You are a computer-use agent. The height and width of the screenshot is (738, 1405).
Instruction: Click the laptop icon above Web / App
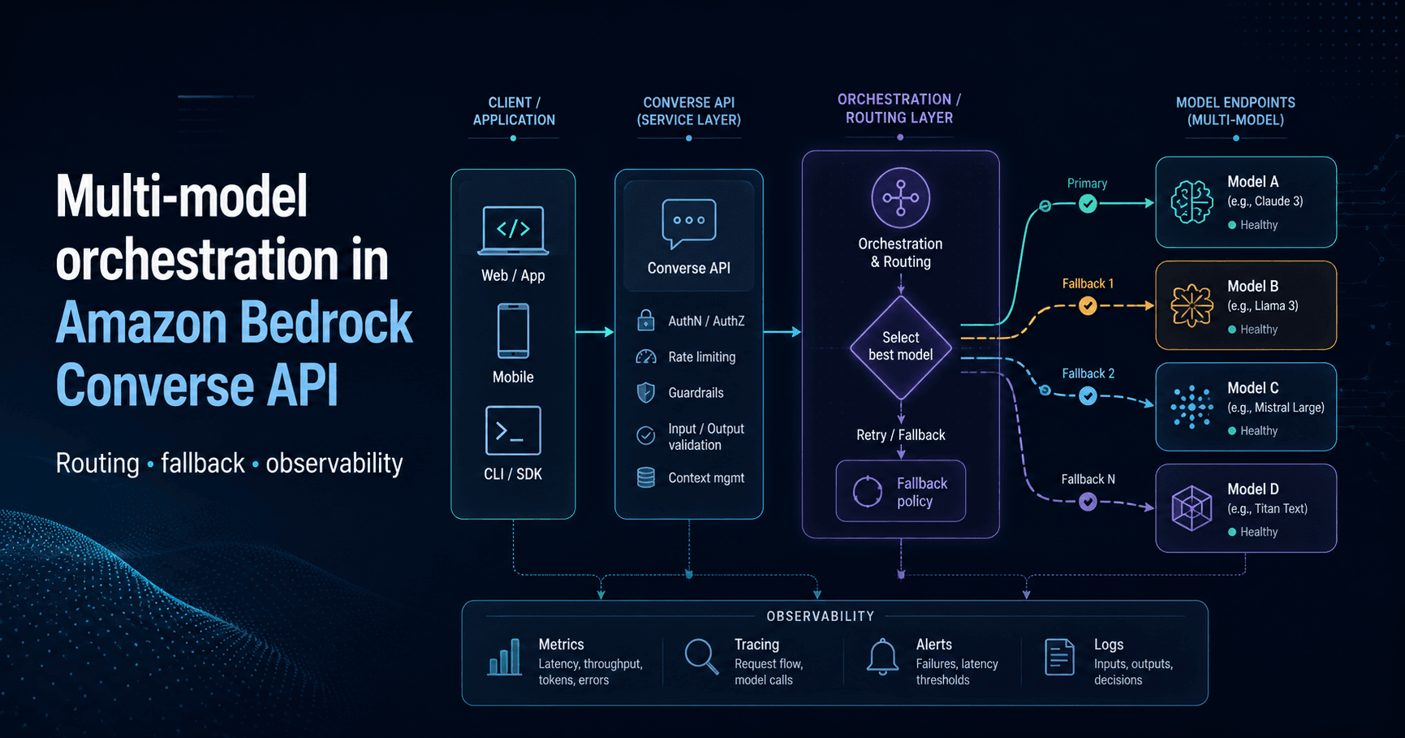point(513,231)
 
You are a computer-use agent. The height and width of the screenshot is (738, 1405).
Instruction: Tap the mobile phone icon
point(513,331)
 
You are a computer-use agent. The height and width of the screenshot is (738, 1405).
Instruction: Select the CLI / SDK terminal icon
point(513,430)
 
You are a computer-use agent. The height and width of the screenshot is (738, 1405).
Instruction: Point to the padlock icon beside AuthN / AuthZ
point(646,321)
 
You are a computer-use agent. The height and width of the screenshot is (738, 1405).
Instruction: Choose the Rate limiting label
point(702,357)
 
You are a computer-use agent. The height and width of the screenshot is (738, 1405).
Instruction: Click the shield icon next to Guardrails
point(646,393)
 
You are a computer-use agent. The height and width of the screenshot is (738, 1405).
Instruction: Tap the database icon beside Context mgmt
point(646,477)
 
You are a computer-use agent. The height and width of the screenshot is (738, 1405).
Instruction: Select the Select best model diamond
point(901,347)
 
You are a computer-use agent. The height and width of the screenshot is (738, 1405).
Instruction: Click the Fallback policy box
point(901,491)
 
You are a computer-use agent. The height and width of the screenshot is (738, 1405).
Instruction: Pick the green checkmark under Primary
point(1088,204)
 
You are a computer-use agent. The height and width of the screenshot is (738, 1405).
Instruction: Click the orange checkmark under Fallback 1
point(1088,305)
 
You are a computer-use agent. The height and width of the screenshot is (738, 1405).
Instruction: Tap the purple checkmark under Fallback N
point(1088,502)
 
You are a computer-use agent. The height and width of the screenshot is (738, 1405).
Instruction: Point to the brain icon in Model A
point(1192,201)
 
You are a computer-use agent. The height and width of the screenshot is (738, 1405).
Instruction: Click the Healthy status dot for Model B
point(1232,330)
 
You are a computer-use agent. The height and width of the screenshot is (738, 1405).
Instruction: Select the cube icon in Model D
point(1192,508)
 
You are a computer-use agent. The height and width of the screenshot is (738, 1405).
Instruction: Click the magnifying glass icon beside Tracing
point(701,656)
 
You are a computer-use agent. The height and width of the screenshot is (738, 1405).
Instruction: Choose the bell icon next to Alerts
point(882,656)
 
